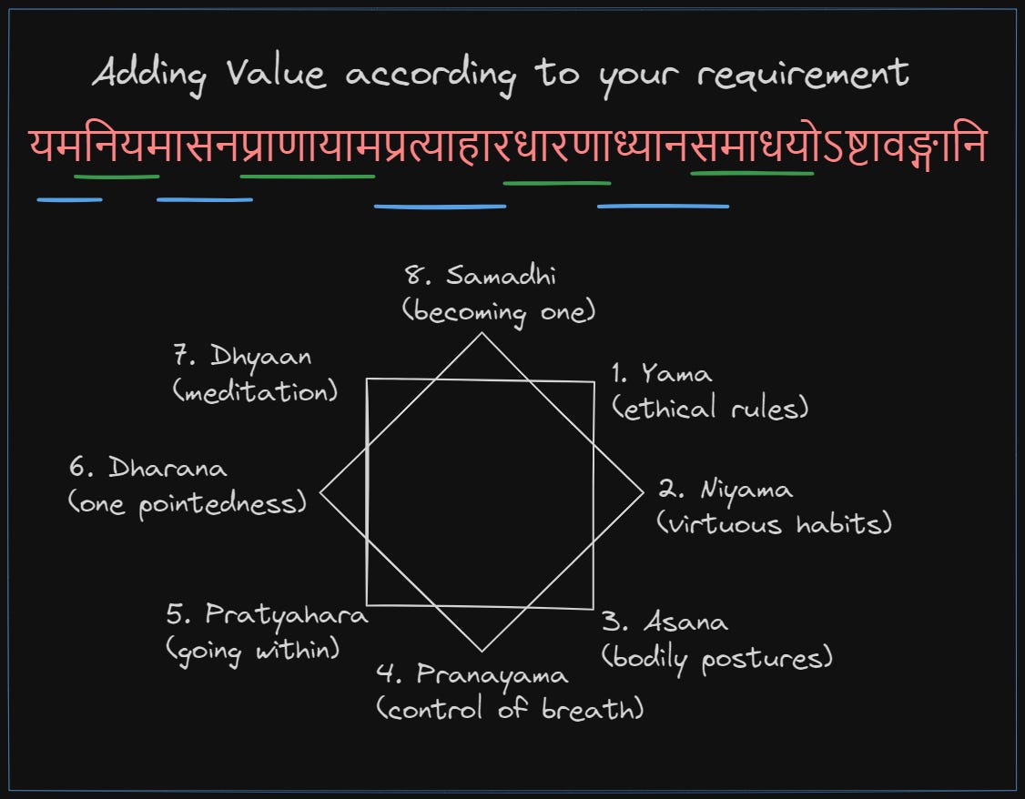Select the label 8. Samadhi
coord(481,276)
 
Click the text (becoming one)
coord(498,311)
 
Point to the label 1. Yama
coord(662,373)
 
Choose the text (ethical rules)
coord(711,409)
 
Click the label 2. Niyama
coord(726,490)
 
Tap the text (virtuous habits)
coord(774,524)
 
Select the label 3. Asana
coord(665,622)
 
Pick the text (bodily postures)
coord(716,658)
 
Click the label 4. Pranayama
coord(472,674)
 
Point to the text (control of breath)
coord(510,709)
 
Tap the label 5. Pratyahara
coord(267,615)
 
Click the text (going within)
coord(252,650)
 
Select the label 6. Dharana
coord(148,469)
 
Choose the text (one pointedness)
coord(188,504)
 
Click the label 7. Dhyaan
coord(241,357)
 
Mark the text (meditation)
coord(255,392)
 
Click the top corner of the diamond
coord(482,333)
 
